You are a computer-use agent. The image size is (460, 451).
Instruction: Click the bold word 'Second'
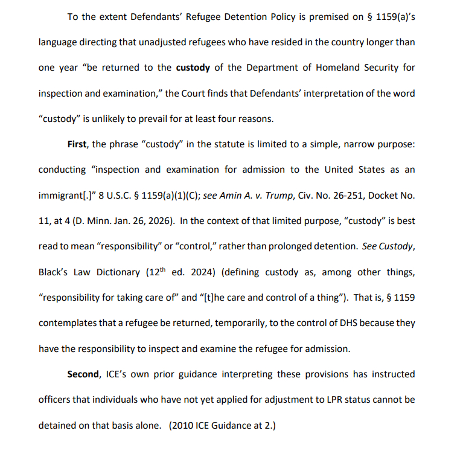(83, 374)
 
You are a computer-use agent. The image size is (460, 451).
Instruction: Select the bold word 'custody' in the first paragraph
(193, 67)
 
